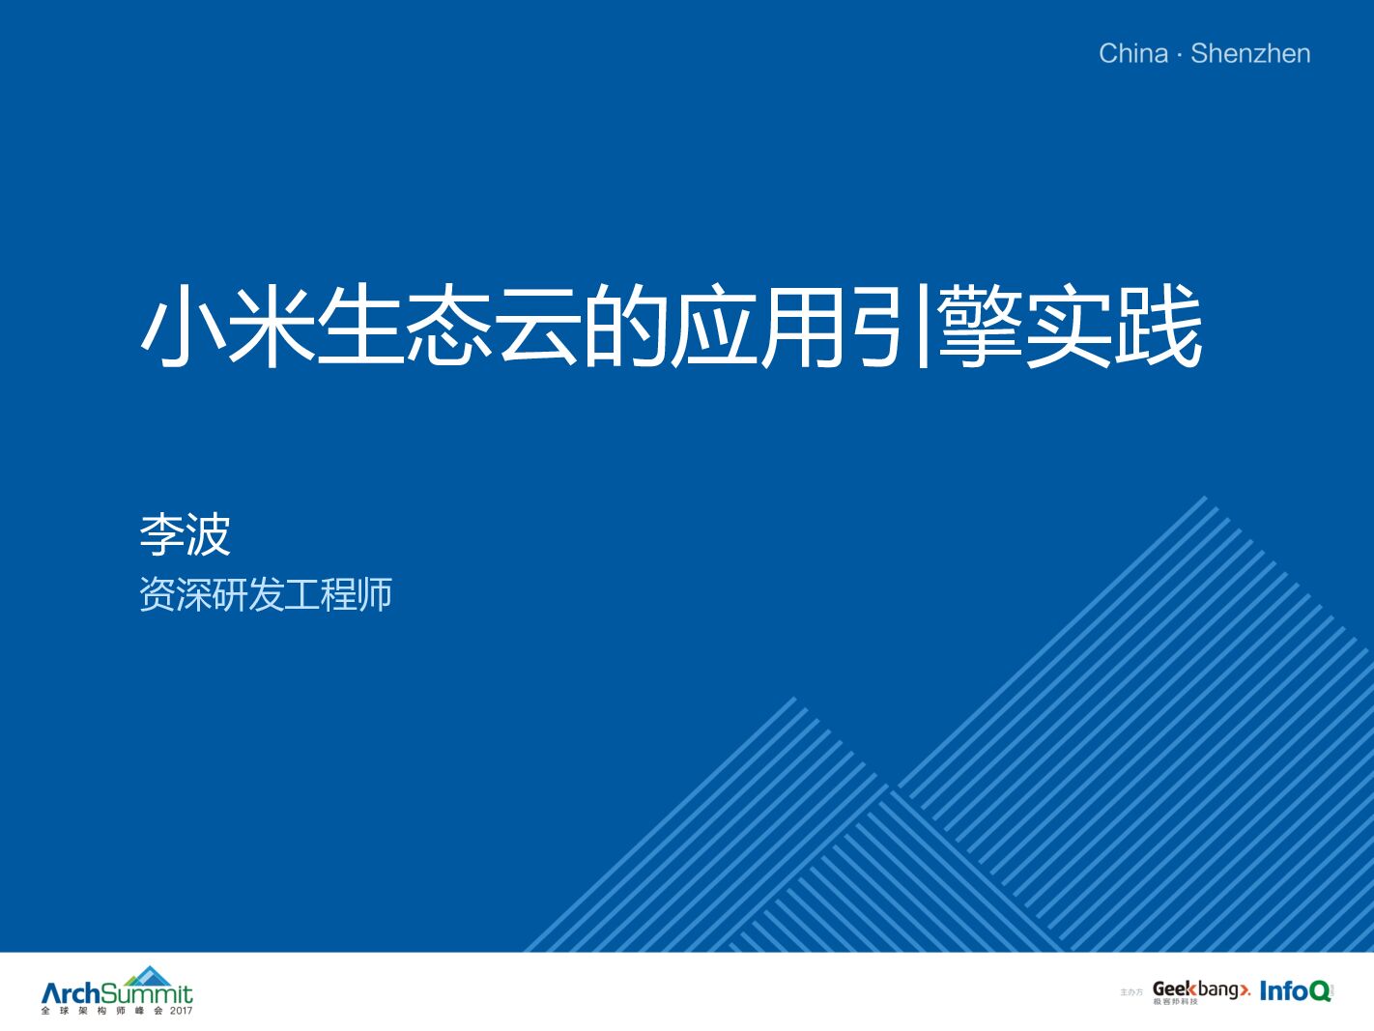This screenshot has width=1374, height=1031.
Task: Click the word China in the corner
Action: (1132, 53)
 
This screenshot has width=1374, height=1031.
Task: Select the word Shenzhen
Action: (1250, 53)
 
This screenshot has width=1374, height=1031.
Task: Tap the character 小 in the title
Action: (184, 326)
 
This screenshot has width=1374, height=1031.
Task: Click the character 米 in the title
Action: (272, 326)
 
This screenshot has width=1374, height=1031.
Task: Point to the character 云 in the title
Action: (538, 326)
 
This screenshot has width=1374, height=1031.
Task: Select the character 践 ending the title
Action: (1159, 326)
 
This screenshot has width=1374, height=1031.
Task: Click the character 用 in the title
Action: (803, 326)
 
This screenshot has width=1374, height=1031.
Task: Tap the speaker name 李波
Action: (185, 534)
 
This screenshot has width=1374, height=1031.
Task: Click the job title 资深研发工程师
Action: (266, 594)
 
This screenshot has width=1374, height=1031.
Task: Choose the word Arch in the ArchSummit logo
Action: (71, 993)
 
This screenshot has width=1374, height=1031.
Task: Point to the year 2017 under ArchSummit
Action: (181, 1012)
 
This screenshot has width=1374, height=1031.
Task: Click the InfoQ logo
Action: (1295, 990)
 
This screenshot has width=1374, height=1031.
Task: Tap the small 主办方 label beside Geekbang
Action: (1131, 992)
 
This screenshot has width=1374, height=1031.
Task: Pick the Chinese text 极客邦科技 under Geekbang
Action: (1174, 1002)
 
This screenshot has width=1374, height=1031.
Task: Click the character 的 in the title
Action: (626, 326)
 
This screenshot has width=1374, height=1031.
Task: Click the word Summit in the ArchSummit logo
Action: (147, 994)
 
